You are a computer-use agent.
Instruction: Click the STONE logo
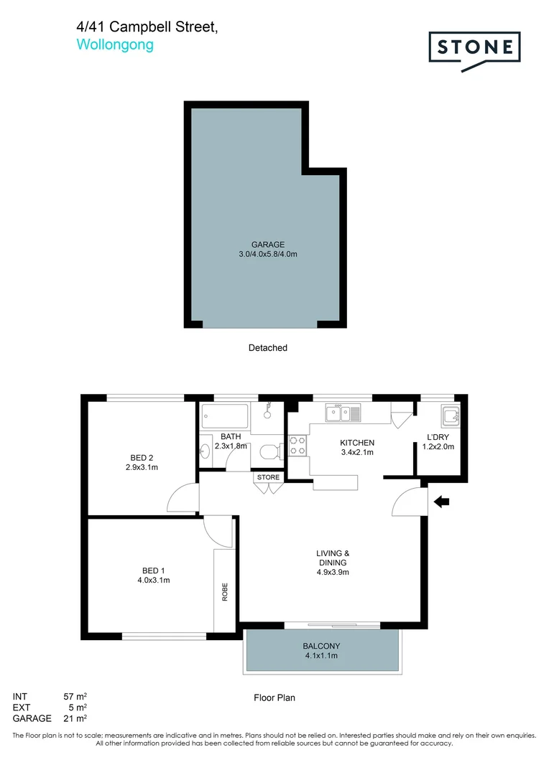click(474, 49)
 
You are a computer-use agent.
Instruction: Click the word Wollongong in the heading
click(115, 44)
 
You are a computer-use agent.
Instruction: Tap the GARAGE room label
click(267, 244)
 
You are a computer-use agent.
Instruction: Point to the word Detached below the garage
click(267, 348)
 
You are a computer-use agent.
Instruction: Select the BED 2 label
click(142, 458)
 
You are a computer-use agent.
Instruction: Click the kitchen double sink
click(343, 413)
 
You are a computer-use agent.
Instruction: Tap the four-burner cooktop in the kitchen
click(297, 446)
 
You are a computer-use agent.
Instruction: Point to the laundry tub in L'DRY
click(451, 415)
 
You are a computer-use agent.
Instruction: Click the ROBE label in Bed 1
click(225, 591)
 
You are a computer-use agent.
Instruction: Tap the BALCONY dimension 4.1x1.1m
click(322, 655)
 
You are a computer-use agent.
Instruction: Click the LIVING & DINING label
click(333, 558)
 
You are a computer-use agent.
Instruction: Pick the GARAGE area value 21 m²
click(75, 718)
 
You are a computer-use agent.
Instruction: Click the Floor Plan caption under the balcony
click(274, 697)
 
